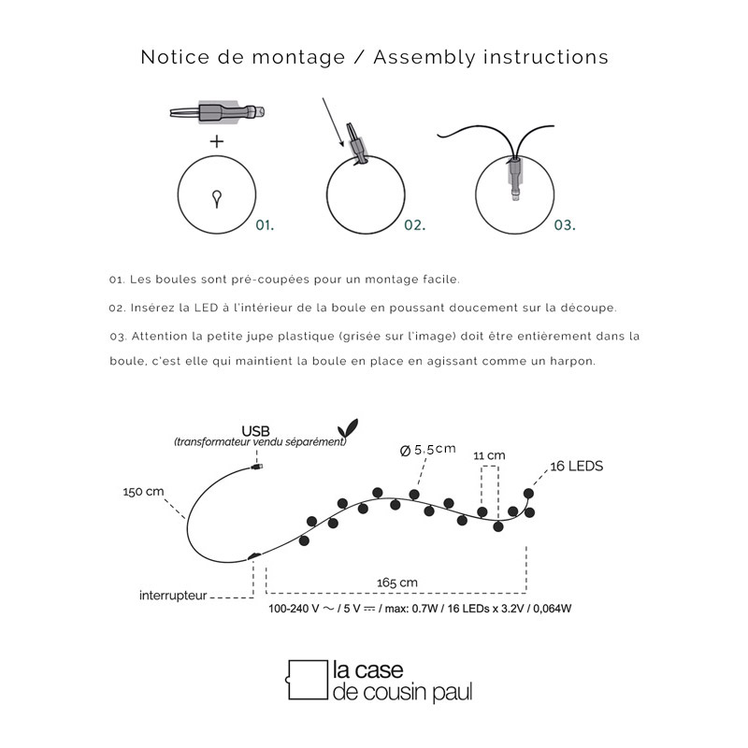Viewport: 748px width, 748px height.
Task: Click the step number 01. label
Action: click(x=266, y=225)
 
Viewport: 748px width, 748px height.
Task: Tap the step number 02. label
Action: click(x=415, y=225)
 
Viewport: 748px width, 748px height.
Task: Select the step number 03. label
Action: click(x=565, y=225)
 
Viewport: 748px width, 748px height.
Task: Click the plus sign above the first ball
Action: click(x=217, y=142)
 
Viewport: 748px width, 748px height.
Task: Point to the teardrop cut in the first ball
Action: click(x=217, y=197)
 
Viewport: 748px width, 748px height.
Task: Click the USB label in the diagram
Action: click(x=254, y=430)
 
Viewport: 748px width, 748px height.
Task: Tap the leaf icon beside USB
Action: click(x=350, y=426)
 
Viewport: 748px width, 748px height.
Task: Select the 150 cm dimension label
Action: click(x=143, y=491)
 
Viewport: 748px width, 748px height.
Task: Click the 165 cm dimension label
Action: click(x=396, y=583)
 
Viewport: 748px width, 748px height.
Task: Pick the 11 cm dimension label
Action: click(x=489, y=455)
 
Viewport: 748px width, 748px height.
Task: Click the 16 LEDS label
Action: click(x=577, y=466)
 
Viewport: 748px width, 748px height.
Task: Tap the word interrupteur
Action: click(x=173, y=595)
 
